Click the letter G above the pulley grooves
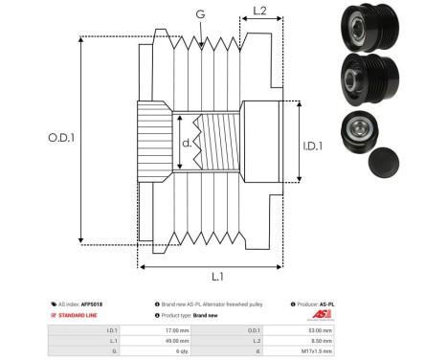point(199,13)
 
